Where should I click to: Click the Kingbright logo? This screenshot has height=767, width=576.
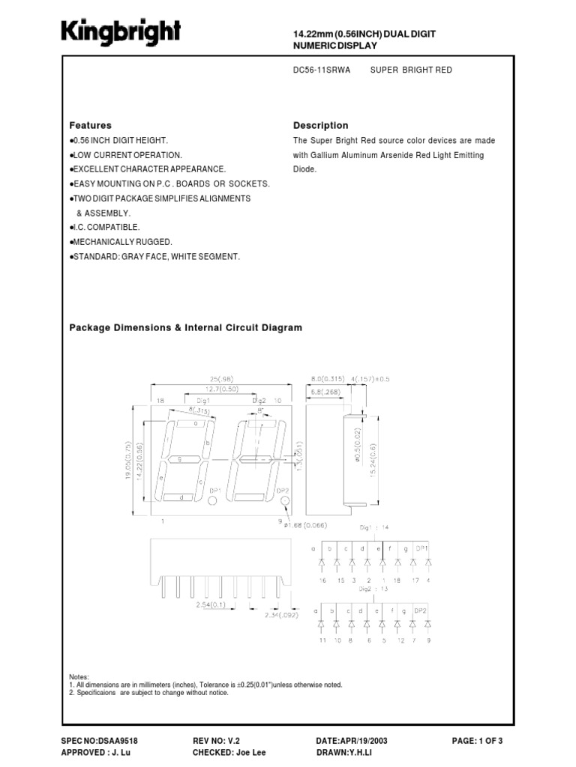coord(121,33)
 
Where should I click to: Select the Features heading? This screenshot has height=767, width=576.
coord(91,126)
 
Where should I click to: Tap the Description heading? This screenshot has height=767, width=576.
coord(320,126)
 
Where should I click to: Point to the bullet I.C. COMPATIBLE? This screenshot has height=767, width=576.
coord(106,227)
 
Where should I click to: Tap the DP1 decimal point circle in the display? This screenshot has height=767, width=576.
coord(212,500)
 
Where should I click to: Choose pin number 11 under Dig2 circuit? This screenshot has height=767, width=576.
coord(321,641)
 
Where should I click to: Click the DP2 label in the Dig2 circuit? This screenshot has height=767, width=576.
coord(421,611)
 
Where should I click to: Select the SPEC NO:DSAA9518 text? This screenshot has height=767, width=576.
coord(99,740)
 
